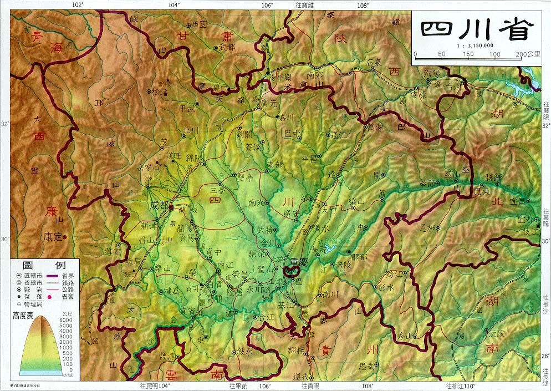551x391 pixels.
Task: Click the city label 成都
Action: [x=159, y=205]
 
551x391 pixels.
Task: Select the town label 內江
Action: [x=226, y=264]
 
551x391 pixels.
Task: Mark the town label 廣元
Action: [x=269, y=103]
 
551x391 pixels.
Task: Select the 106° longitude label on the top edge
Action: [x=267, y=5]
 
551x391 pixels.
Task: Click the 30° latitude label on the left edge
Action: [x=5, y=239]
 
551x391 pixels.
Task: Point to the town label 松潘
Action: [x=159, y=92]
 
